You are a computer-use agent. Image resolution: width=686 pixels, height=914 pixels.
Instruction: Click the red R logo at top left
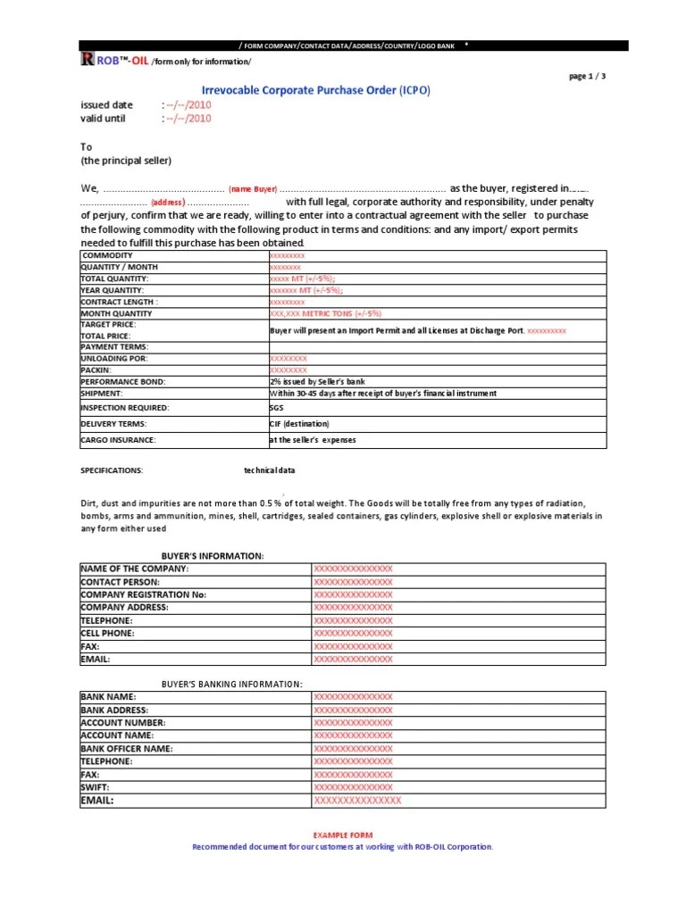(x=87, y=60)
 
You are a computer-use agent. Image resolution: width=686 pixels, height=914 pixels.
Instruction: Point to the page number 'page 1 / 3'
(x=587, y=76)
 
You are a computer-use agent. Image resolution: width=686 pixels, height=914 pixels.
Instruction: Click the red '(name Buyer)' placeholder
(x=253, y=189)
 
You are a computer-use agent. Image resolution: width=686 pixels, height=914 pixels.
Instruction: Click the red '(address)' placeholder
(x=168, y=203)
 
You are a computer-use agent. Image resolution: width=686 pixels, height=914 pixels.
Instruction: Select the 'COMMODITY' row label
(x=107, y=256)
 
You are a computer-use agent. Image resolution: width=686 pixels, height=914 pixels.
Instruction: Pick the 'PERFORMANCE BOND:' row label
(x=123, y=381)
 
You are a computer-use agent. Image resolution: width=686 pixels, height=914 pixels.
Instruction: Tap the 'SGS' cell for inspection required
(x=276, y=408)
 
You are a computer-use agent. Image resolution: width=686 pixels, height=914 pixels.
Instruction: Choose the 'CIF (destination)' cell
(x=299, y=424)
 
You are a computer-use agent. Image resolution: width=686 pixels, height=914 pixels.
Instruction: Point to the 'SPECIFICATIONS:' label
(x=112, y=470)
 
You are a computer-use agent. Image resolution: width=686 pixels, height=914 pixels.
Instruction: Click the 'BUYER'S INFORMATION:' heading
(x=213, y=556)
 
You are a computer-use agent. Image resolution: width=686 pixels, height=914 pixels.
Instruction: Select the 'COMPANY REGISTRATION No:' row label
(x=144, y=594)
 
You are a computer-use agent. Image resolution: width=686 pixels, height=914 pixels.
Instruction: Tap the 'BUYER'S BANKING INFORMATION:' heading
(x=231, y=684)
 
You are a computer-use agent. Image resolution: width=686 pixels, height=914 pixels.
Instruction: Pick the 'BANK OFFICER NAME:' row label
(x=127, y=749)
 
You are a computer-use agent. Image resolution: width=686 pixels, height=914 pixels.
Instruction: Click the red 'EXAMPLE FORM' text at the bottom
(x=342, y=834)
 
